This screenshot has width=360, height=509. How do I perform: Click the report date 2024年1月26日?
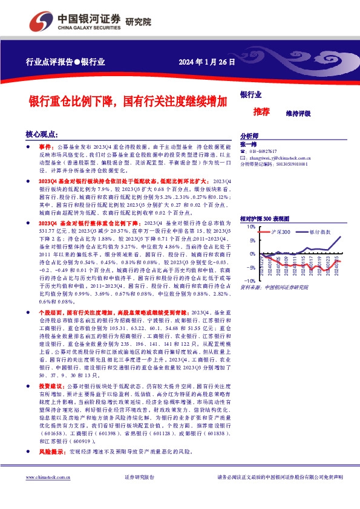(x=206, y=62)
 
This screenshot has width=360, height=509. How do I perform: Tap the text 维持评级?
(x=298, y=113)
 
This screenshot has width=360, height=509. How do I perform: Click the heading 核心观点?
(x=41, y=134)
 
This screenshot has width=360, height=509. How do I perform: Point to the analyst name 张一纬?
(x=249, y=144)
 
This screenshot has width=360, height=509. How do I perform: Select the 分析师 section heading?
(x=249, y=136)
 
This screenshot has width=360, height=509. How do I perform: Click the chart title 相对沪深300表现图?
(x=265, y=218)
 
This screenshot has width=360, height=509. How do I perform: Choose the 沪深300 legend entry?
(x=281, y=232)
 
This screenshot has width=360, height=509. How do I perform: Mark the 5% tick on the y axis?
(x=251, y=241)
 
